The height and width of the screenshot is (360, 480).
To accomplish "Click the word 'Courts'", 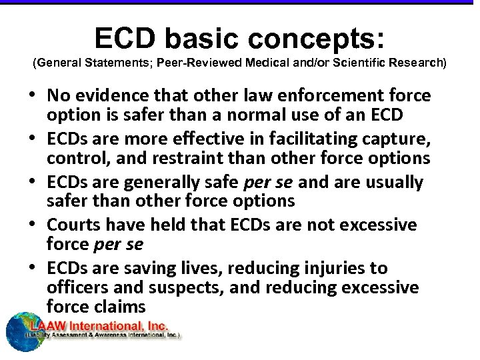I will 74,225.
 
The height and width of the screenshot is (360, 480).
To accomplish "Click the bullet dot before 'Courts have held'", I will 34,225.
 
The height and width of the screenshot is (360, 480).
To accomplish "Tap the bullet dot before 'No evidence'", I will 34,96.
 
